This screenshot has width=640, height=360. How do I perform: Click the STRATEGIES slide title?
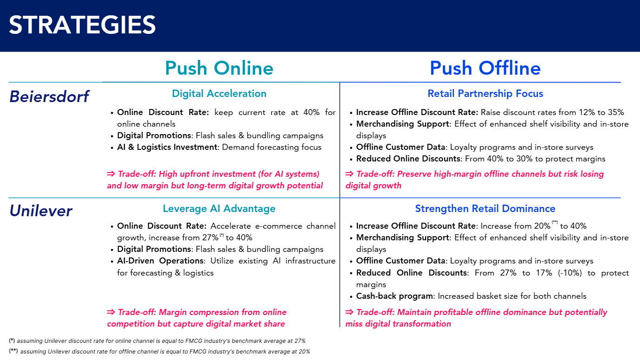82,25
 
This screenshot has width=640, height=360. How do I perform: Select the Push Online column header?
219,68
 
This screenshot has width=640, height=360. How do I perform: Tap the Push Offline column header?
485,68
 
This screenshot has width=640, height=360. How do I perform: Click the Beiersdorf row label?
49,96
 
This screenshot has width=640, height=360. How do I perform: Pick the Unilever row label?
41,211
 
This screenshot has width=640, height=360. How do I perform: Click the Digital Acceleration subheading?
219,94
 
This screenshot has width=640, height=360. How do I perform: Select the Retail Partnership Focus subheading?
485,94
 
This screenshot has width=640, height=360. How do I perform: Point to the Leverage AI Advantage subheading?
219,209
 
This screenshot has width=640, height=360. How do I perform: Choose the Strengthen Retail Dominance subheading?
485,209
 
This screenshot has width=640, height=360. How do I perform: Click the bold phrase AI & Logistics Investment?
168,147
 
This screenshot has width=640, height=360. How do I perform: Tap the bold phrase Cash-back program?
395,296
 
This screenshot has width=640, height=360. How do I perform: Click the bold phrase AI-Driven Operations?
160,261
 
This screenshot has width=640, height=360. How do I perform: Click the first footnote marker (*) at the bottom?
12,341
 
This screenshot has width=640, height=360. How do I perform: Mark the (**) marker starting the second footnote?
13,351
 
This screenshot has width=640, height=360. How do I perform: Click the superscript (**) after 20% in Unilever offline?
555,223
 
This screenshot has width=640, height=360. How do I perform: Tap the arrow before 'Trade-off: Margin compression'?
111,312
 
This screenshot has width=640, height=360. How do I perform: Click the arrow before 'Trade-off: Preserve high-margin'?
349,174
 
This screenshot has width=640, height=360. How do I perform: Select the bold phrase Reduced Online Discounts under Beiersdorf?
408,159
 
